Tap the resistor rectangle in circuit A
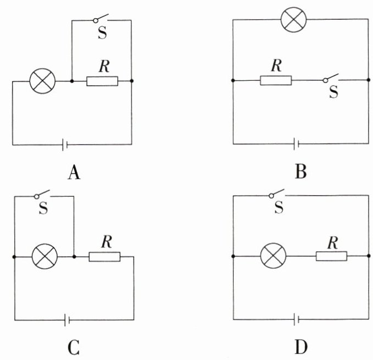(102, 81)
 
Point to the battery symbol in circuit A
(64, 145)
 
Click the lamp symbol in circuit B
(294, 20)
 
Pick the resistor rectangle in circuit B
(276, 81)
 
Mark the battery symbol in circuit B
(296, 144)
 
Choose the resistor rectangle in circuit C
(105, 256)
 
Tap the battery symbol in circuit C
(67, 319)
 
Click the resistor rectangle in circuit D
(331, 256)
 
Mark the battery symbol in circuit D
(297, 319)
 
